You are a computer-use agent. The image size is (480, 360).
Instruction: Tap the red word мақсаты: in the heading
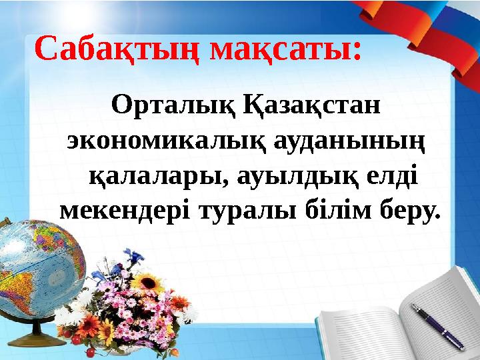pos(285,49)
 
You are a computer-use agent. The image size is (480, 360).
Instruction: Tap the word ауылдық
pos(291,177)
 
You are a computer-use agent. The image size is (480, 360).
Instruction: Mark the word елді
pos(392,177)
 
